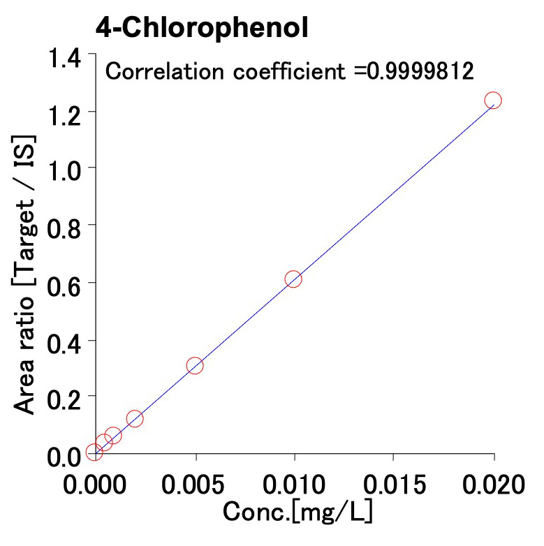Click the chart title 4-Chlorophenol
click(x=203, y=29)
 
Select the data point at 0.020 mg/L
click(x=493, y=101)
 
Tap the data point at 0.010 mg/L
click(x=293, y=279)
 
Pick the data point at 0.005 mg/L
click(x=195, y=366)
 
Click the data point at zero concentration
click(x=94, y=452)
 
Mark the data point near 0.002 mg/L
click(x=135, y=419)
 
